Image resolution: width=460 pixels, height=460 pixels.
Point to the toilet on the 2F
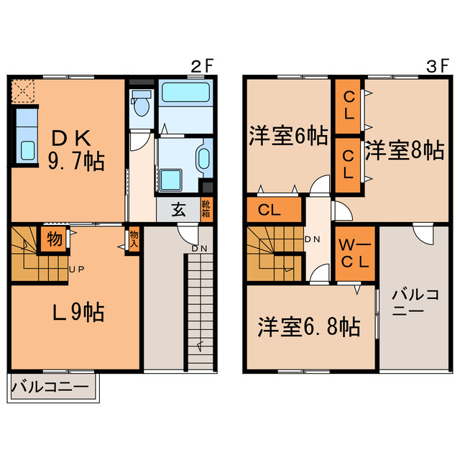(x=142, y=105)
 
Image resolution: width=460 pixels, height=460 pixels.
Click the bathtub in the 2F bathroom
(x=184, y=93)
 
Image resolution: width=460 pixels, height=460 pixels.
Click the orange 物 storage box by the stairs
(x=54, y=238)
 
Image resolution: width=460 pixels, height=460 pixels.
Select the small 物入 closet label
(x=134, y=238)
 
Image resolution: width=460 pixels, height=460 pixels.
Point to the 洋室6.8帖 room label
(x=309, y=327)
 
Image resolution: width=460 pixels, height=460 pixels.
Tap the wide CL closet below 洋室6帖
(x=274, y=211)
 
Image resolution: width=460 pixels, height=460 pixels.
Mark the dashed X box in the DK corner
(x=24, y=91)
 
